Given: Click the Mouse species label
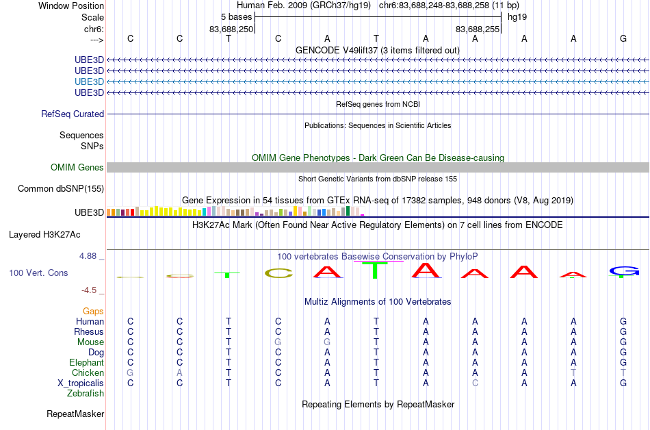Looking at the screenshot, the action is click(x=90, y=342).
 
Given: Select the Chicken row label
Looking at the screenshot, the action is click(x=88, y=372).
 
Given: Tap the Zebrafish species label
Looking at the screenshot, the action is click(x=86, y=393).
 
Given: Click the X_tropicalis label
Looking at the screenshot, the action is click(x=81, y=383).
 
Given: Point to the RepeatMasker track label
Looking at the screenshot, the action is click(x=75, y=414).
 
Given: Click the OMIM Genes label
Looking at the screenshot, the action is click(x=77, y=167).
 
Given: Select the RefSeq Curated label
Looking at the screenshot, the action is click(x=73, y=114).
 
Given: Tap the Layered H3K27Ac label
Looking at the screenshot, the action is click(x=44, y=235).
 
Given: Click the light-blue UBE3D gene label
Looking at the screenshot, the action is click(x=89, y=81).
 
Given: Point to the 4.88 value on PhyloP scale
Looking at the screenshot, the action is click(x=88, y=256).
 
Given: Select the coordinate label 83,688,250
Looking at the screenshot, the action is click(x=231, y=29).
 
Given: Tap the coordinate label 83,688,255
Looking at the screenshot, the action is click(x=478, y=29).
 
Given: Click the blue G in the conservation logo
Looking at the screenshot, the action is click(x=624, y=271).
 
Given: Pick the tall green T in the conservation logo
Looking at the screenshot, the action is click(x=375, y=270).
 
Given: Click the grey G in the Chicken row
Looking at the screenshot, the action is click(x=130, y=372).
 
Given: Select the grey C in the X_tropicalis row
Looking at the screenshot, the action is click(x=475, y=383).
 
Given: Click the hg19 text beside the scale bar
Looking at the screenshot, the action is click(x=517, y=17).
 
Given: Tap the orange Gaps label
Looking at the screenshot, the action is click(x=93, y=312).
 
